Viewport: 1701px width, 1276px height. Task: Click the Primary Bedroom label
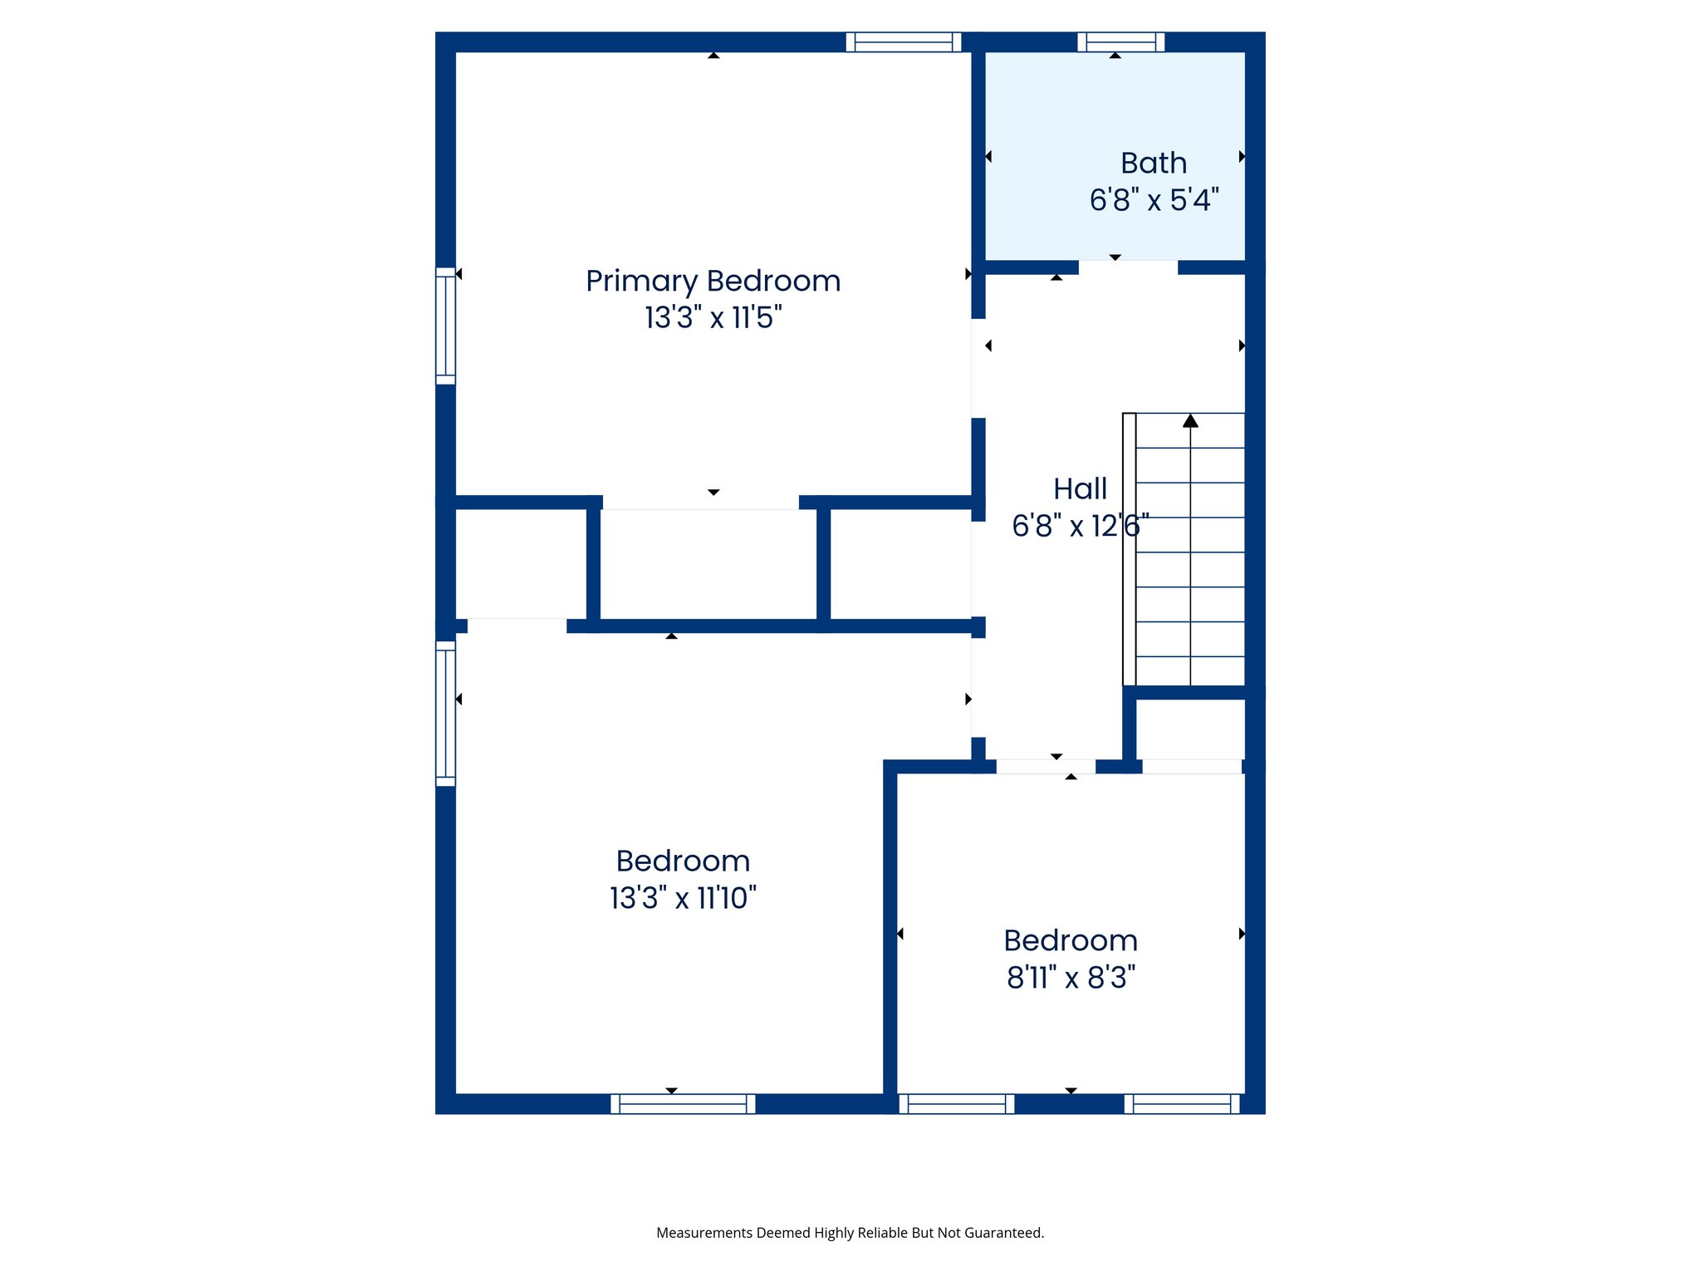tap(713, 281)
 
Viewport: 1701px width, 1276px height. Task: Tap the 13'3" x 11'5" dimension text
tap(713, 317)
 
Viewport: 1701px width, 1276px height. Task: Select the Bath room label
tap(1153, 163)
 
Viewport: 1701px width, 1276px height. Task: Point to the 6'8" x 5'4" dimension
tap(1153, 200)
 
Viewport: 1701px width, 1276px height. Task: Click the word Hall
tap(1080, 488)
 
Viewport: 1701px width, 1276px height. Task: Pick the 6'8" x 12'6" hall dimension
tap(1080, 526)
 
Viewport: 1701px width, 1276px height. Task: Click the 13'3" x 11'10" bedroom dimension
tap(683, 898)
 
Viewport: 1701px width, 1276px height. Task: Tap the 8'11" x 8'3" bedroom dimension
tap(1071, 978)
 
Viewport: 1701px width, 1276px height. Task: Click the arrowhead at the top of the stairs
tap(1190, 421)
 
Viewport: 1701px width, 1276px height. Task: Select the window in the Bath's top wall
tap(1120, 42)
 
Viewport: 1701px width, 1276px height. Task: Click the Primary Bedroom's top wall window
tap(904, 42)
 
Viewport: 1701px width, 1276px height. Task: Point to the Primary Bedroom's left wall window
tap(445, 326)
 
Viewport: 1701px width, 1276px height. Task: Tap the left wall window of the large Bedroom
tap(445, 713)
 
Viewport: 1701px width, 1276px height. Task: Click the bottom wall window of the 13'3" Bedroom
tap(683, 1104)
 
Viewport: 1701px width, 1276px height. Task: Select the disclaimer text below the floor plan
tap(850, 1233)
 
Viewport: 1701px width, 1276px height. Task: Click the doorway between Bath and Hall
tap(1128, 267)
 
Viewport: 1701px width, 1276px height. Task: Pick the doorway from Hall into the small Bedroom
tap(1046, 767)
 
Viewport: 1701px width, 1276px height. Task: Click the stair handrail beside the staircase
tap(1129, 548)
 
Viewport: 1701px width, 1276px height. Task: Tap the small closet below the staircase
tap(1189, 729)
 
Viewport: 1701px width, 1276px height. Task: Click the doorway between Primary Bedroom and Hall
tap(978, 368)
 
